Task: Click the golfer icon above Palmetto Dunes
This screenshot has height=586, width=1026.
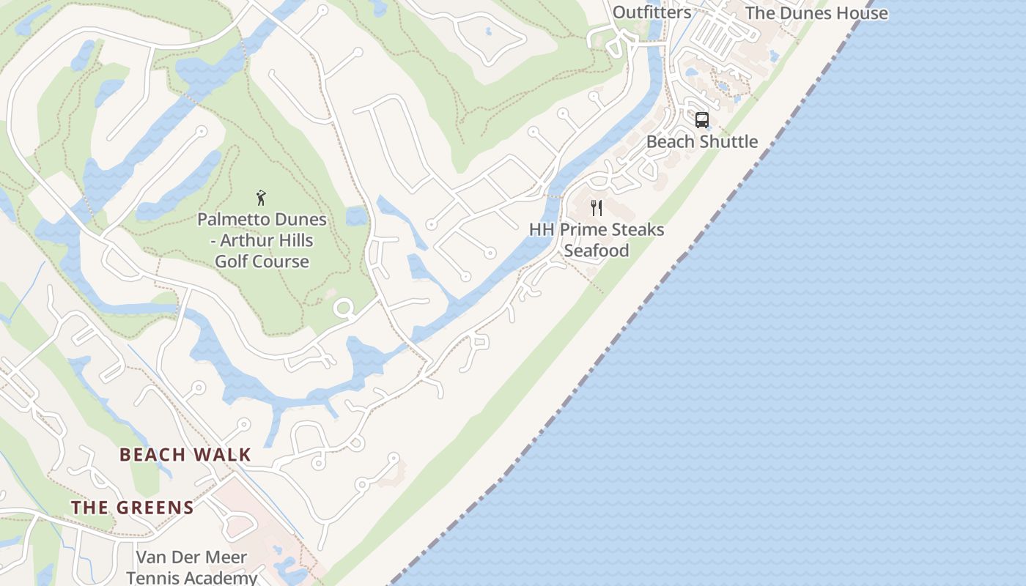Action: tap(261, 198)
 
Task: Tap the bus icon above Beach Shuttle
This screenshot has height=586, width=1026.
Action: tap(701, 120)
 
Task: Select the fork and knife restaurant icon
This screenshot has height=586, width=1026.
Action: tap(597, 208)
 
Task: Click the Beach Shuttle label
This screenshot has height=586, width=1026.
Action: tap(701, 141)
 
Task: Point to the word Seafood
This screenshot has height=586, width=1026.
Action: tap(597, 251)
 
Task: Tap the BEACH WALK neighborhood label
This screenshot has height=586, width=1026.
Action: tap(185, 455)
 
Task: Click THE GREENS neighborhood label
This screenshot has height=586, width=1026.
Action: tap(133, 508)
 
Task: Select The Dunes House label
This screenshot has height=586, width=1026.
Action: tap(816, 13)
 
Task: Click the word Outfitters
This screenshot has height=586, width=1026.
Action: tap(652, 12)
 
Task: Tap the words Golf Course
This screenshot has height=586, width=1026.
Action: tap(262, 262)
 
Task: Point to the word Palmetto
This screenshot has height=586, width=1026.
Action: tap(231, 219)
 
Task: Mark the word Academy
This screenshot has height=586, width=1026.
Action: tap(221, 578)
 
